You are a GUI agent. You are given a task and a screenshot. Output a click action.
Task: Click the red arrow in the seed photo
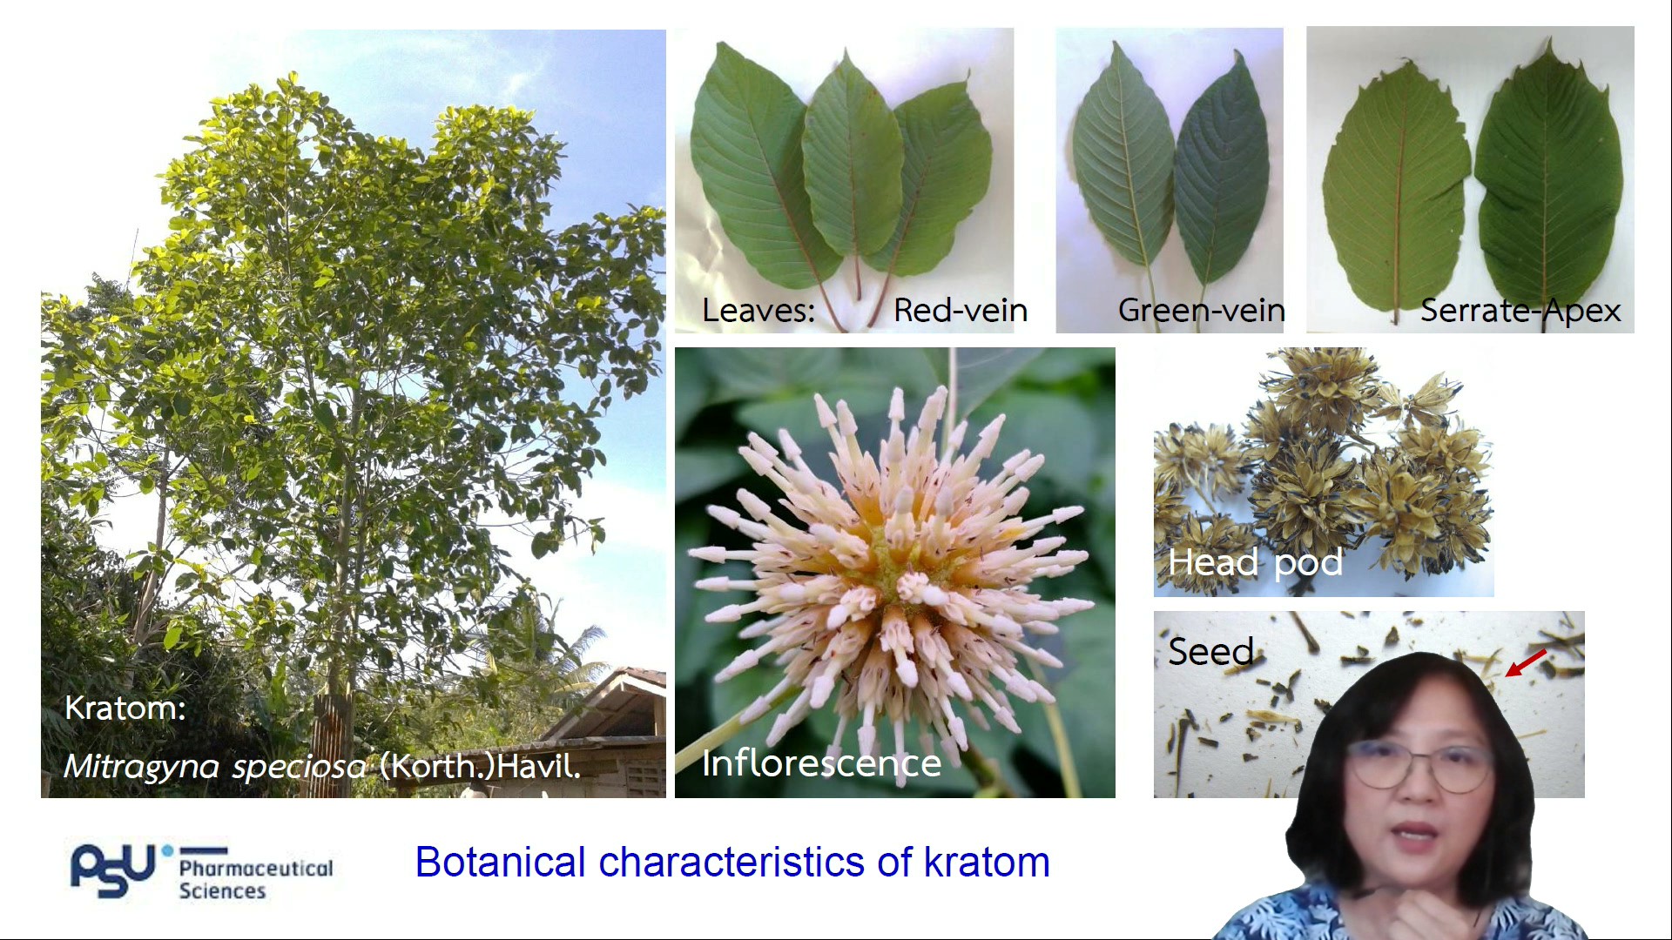point(1526,662)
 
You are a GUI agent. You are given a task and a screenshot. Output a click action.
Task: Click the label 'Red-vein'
point(961,311)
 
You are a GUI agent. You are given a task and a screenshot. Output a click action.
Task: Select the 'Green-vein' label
point(1201,311)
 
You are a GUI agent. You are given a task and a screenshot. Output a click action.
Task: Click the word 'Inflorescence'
point(821,763)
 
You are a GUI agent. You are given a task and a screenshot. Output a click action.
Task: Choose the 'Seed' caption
point(1210,651)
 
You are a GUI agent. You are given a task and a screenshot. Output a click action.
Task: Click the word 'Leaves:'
point(758,311)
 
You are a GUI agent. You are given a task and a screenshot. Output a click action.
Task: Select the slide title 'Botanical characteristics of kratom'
point(732,863)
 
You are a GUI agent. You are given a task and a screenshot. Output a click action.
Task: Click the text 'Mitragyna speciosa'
point(215,767)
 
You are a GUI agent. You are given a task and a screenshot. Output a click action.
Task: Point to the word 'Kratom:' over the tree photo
point(125,708)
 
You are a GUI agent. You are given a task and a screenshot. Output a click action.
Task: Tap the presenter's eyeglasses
point(1419,767)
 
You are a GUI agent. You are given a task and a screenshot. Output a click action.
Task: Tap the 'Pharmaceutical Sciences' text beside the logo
point(255,879)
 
